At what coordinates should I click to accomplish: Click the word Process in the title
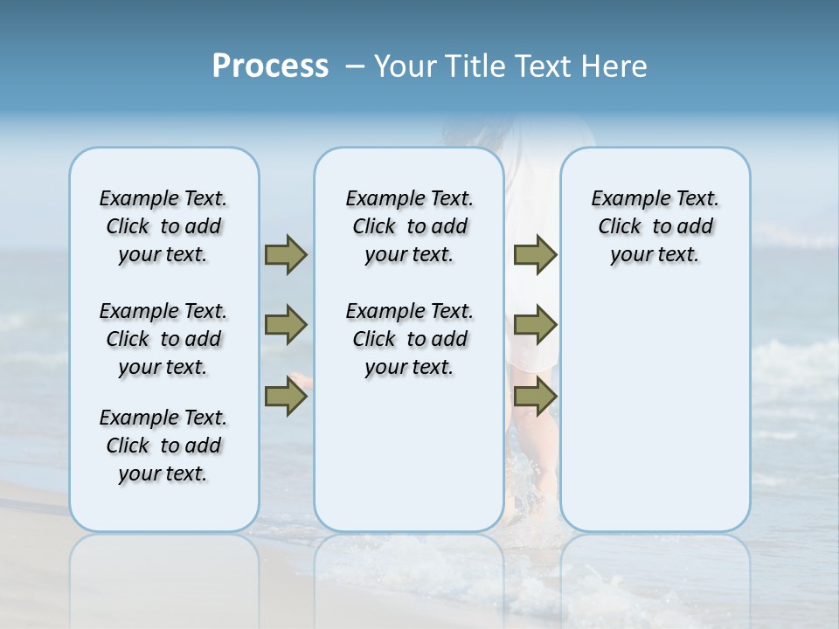point(270,66)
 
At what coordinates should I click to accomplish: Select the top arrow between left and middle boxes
point(286,254)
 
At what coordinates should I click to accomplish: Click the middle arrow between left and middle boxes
point(286,325)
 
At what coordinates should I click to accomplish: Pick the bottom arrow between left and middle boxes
point(286,397)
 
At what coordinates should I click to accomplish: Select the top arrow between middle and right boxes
point(535,254)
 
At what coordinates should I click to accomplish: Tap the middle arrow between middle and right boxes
point(535,325)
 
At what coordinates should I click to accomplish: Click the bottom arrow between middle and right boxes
point(535,397)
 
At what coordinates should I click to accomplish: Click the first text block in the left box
point(163,226)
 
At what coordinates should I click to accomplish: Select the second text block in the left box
point(163,339)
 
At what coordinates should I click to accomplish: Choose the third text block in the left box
point(163,446)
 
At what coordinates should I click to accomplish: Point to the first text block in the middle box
point(409,226)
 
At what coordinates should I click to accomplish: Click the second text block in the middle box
point(409,339)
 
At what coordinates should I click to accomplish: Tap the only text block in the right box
point(655,226)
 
